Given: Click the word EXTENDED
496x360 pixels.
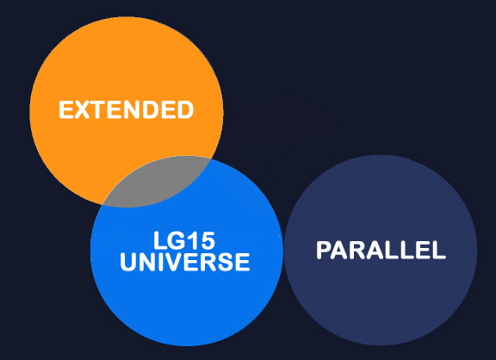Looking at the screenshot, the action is [127, 109].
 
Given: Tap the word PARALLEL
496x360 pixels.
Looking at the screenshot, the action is [381, 250].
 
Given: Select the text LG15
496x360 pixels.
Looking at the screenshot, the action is [184, 241].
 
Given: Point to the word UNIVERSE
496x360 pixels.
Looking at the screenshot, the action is [185, 262].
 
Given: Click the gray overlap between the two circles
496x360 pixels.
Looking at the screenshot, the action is [158, 183].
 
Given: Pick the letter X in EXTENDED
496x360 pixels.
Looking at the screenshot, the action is [83, 109].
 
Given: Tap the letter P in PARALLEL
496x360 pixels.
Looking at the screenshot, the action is [324, 250].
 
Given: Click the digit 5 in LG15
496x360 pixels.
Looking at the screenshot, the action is [208, 241].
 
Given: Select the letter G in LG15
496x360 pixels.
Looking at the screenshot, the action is [176, 241].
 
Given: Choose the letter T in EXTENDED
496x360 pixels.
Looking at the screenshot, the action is [98, 109].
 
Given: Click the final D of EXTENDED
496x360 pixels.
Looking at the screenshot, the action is [186, 109].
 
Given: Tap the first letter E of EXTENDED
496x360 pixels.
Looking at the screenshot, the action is [66, 109].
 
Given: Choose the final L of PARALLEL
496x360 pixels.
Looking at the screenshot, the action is [440, 250].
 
